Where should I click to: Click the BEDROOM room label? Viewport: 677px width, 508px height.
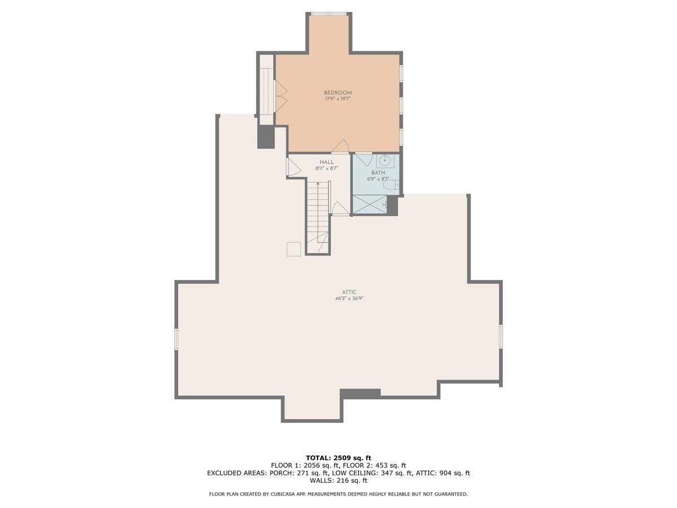click(337, 93)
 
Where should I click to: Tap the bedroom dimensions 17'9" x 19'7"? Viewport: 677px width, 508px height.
click(337, 99)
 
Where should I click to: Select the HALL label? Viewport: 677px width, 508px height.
click(327, 162)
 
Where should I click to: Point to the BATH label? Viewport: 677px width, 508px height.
click(378, 173)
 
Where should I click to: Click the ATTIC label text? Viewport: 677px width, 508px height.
click(349, 292)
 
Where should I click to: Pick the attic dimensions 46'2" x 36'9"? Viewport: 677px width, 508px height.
click(349, 298)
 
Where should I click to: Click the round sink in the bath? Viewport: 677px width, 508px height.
click(385, 160)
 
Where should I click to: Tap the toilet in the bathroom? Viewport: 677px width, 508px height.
click(391, 185)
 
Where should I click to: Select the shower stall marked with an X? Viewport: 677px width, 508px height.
click(370, 204)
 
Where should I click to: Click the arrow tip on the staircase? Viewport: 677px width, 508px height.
click(318, 183)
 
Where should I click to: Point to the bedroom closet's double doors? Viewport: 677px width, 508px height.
click(281, 96)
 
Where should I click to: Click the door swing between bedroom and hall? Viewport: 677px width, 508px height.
click(340, 146)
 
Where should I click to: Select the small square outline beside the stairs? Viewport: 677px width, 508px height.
click(293, 249)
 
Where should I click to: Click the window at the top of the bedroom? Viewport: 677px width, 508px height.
click(329, 14)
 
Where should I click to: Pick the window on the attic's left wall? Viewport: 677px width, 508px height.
click(177, 339)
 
